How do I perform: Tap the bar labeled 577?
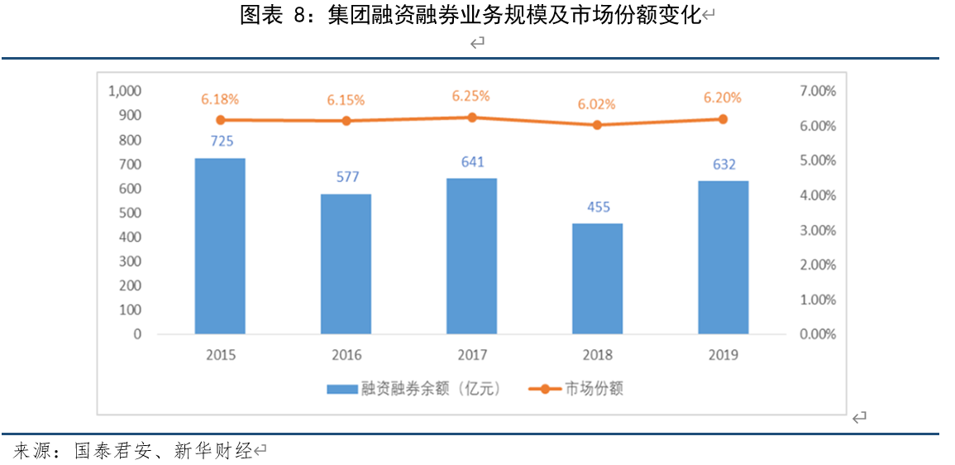click(x=346, y=264)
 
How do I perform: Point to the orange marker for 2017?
click(x=471, y=117)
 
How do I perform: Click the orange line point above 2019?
click(x=723, y=119)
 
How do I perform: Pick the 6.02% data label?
click(x=596, y=104)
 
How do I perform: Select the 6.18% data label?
click(x=220, y=99)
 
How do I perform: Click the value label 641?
click(x=472, y=162)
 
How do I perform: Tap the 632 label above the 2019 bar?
click(x=723, y=165)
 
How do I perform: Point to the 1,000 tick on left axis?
click(x=125, y=91)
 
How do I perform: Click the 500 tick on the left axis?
click(x=131, y=213)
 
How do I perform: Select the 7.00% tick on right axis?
click(x=818, y=91)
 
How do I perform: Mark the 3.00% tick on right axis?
click(x=818, y=230)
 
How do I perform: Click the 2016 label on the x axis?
click(x=346, y=355)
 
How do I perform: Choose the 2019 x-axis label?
click(x=723, y=355)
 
